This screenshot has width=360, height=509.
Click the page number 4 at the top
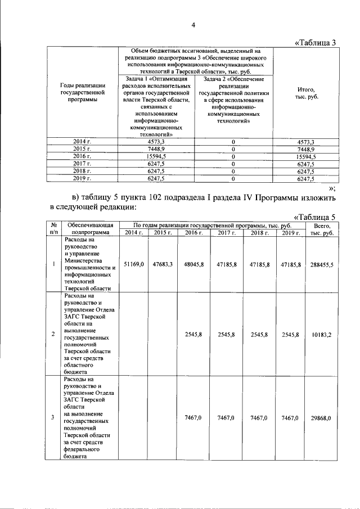click(x=193, y=25)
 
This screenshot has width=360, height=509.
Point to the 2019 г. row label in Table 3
click(x=82, y=178)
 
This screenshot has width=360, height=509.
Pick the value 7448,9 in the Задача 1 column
click(x=155, y=148)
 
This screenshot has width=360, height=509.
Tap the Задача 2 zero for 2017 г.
click(x=232, y=164)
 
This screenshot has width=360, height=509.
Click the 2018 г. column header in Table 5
click(x=259, y=233)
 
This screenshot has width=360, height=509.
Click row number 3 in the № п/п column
click(x=53, y=418)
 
